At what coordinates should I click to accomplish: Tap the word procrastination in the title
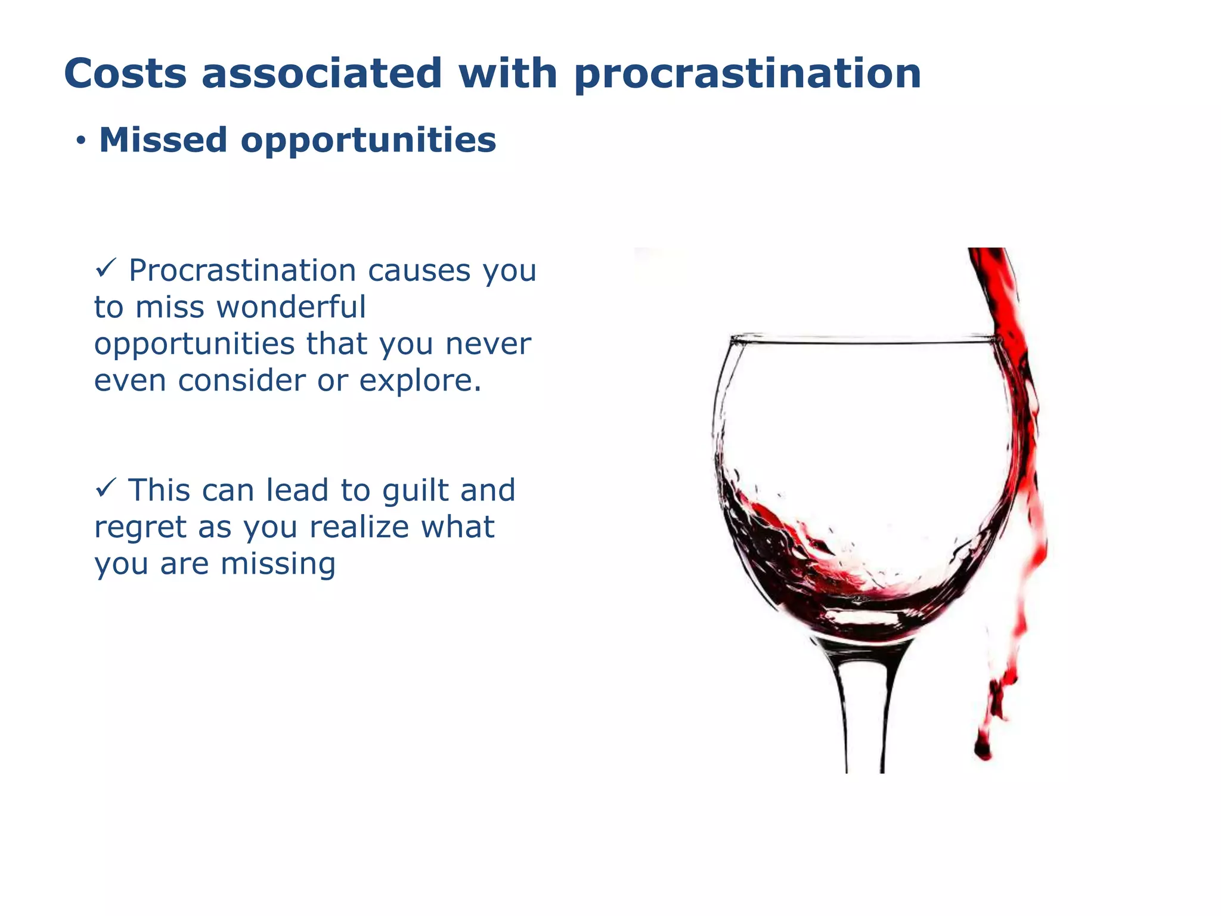point(748,75)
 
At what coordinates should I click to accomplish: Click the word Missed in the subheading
point(163,140)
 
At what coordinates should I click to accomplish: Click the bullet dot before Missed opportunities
point(80,142)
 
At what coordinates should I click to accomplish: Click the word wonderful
point(291,307)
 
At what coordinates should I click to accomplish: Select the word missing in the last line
point(278,564)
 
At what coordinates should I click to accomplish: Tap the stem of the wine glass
point(864,716)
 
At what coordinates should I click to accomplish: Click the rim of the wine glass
point(864,342)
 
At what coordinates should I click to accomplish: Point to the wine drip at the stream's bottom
point(983,748)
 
